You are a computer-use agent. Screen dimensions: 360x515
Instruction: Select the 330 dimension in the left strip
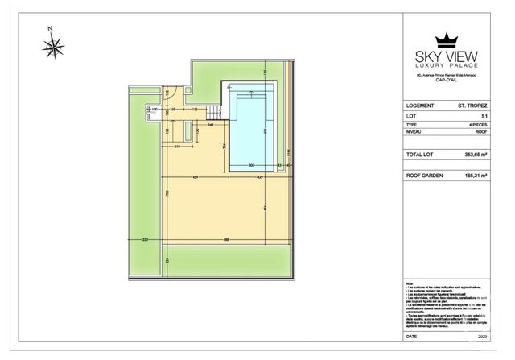coord(146,240)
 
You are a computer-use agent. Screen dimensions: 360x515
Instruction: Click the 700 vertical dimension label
coord(167,194)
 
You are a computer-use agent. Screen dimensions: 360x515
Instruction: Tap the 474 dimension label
coord(265,209)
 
